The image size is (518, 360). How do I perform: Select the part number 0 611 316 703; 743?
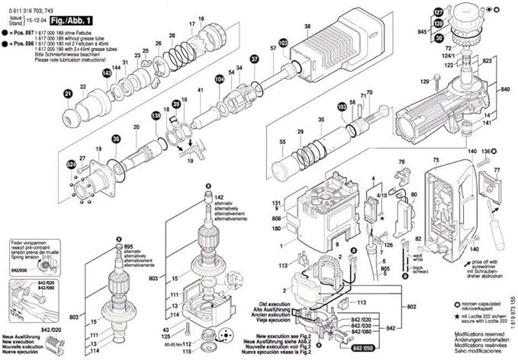[37, 5]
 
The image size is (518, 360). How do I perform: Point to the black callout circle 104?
[220, 79]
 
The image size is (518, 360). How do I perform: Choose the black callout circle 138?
[156, 115]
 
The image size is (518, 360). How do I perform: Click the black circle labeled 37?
[255, 59]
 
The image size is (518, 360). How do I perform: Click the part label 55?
[262, 142]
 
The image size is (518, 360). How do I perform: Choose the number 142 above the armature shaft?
[220, 198]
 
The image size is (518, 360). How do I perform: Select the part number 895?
[129, 246]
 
